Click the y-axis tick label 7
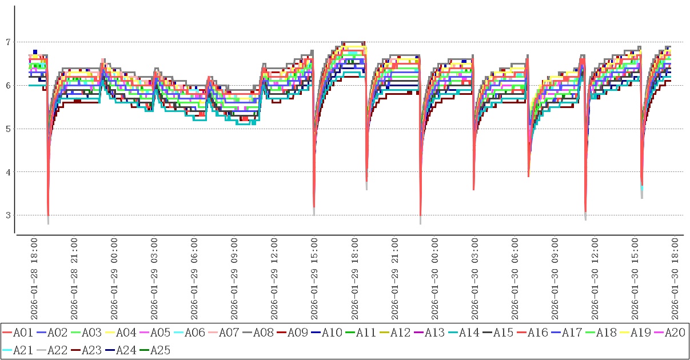pos(8,42)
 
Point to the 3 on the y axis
pos(8,215)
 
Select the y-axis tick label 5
pos(8,129)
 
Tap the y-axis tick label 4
pos(8,172)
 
